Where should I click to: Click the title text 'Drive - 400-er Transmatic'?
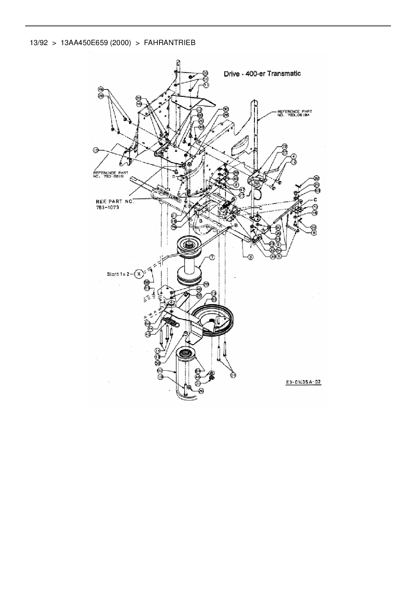pyautogui.click(x=262, y=74)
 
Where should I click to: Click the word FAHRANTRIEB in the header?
pyautogui.click(x=169, y=43)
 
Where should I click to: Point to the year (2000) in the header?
pyautogui.click(x=120, y=43)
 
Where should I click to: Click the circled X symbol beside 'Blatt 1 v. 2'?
pyautogui.click(x=139, y=274)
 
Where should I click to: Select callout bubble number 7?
pyautogui.click(x=212, y=257)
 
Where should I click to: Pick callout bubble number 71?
pyautogui.click(x=206, y=85)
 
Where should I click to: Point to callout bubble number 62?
pyautogui.click(x=160, y=370)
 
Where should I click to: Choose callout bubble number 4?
pyautogui.click(x=294, y=156)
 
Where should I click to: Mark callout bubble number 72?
pyautogui.click(x=285, y=147)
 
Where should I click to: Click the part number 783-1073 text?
pyautogui.click(x=108, y=207)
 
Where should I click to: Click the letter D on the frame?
pyautogui.click(x=174, y=176)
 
